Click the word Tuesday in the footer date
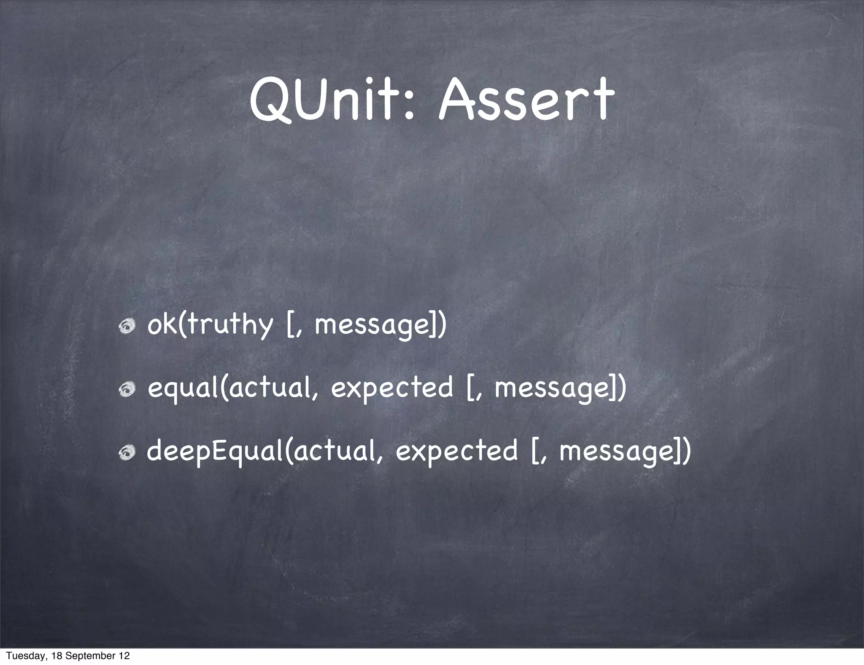point(21,656)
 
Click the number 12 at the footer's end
point(124,656)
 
